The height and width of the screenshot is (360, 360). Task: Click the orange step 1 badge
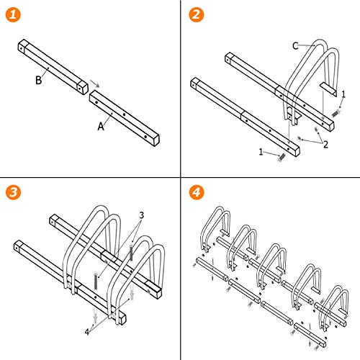click(x=14, y=14)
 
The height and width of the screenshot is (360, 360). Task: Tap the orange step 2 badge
click(x=194, y=14)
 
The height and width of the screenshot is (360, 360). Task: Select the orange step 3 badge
click(x=14, y=194)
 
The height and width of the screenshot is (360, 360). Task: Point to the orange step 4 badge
click(x=194, y=194)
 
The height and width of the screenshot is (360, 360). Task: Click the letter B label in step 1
click(x=37, y=81)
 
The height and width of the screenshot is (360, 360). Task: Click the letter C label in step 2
click(x=294, y=46)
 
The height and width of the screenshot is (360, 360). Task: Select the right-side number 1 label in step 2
click(x=343, y=94)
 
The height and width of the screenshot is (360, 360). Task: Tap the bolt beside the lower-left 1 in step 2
click(x=282, y=156)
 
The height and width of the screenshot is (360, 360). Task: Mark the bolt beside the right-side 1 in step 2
click(x=337, y=112)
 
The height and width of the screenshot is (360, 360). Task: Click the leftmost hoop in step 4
click(x=215, y=227)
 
